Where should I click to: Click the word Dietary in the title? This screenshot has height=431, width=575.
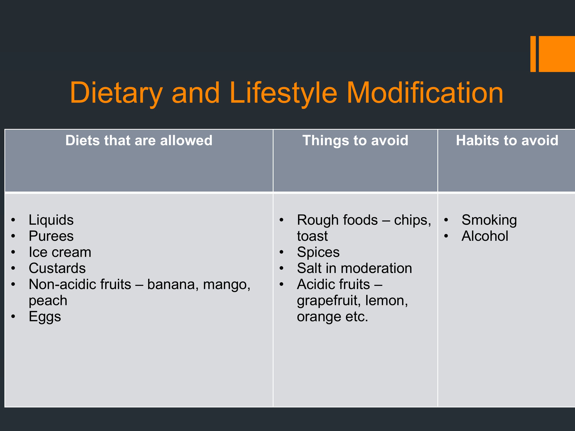[116, 93]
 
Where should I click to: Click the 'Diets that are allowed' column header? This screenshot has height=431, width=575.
[139, 141]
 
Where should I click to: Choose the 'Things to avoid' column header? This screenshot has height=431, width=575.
[355, 141]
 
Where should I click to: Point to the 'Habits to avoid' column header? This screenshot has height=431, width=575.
[507, 141]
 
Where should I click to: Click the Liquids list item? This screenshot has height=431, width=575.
[51, 220]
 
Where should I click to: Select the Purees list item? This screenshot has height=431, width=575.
[51, 236]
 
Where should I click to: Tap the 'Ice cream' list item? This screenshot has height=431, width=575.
[60, 252]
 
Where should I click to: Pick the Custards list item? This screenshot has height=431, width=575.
[57, 268]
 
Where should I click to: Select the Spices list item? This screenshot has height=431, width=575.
[318, 252]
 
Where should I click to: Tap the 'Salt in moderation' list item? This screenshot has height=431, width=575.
[355, 268]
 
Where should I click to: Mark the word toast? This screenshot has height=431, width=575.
[312, 236]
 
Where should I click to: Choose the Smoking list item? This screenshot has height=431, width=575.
[489, 220]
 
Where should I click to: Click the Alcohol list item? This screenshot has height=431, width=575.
[485, 236]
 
